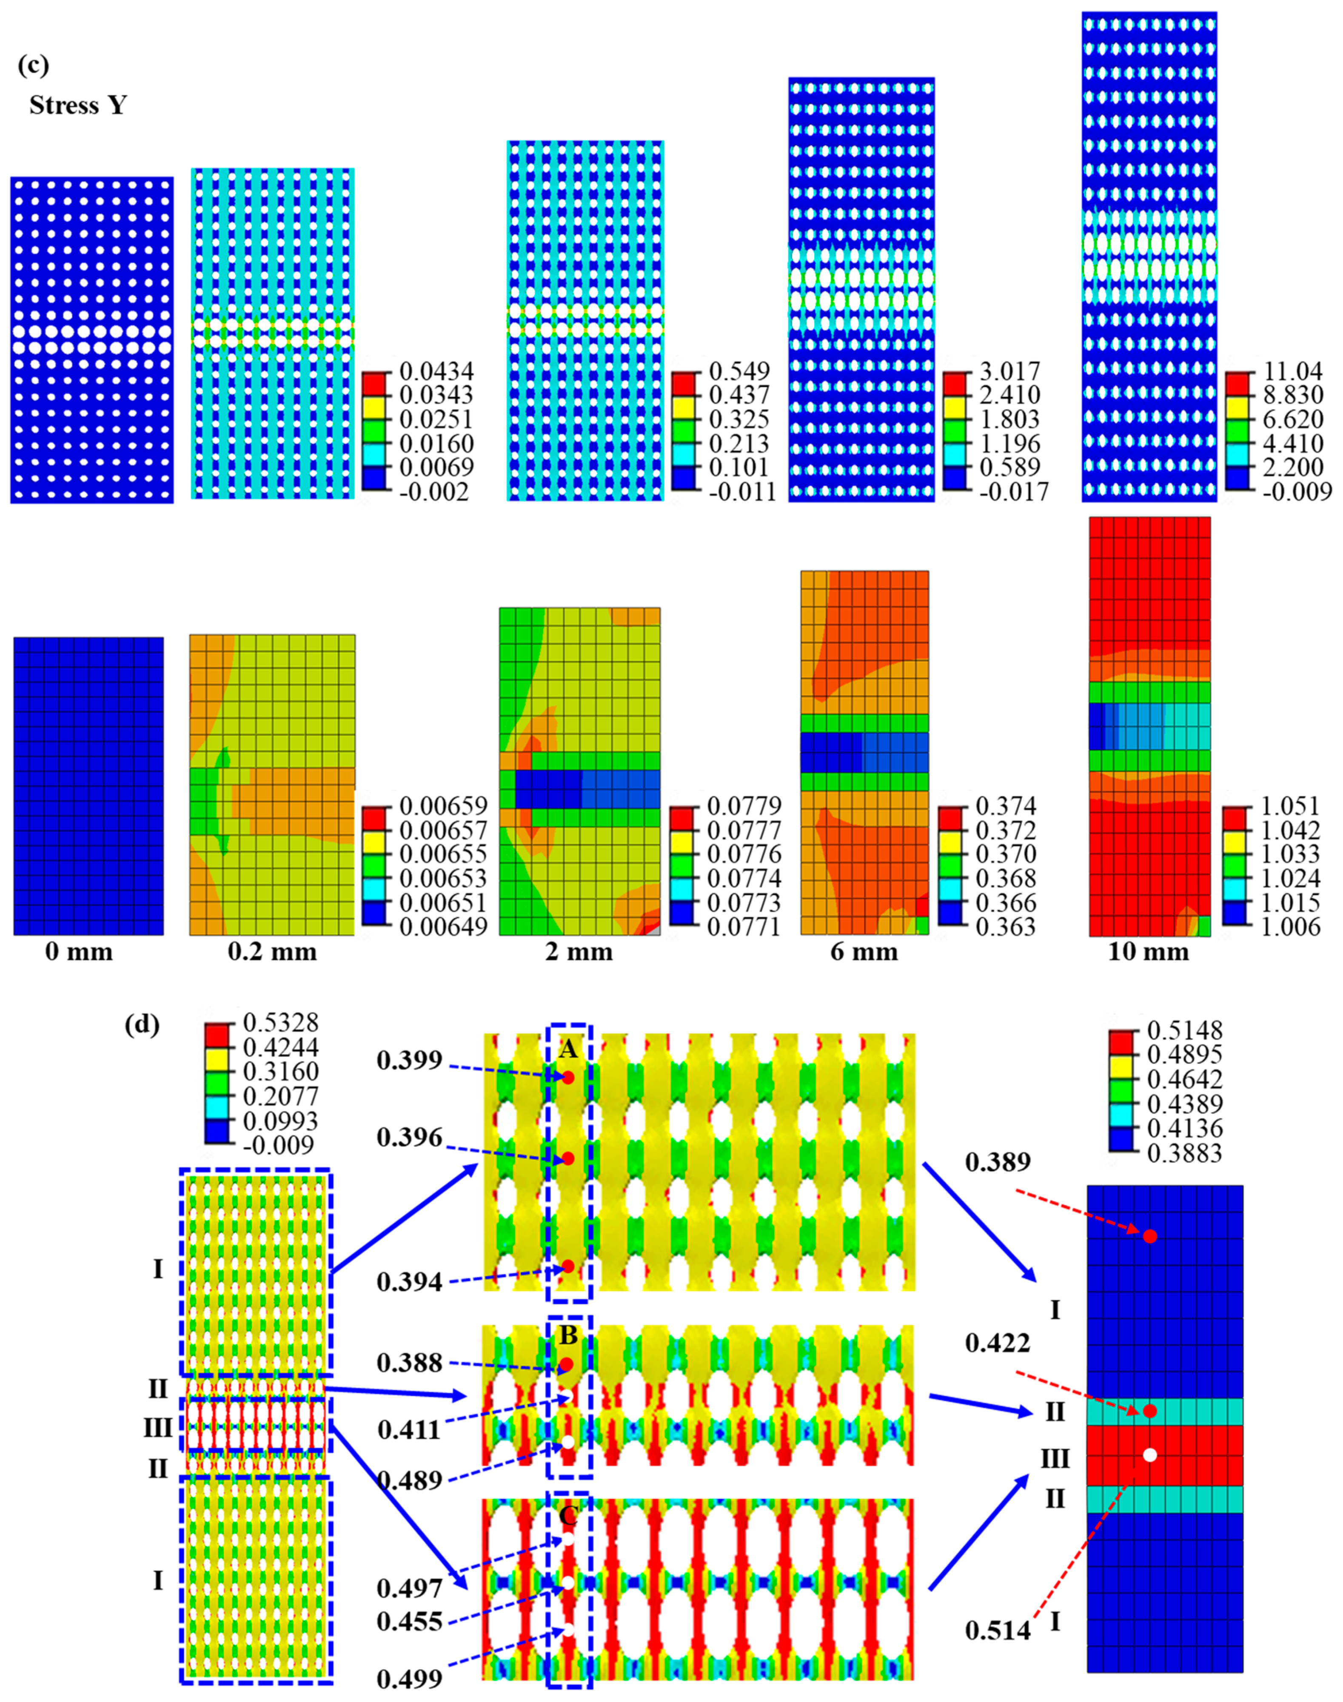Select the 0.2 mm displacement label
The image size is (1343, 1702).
(x=272, y=953)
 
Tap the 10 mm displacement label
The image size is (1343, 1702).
(x=1148, y=953)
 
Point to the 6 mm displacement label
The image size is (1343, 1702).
(x=864, y=953)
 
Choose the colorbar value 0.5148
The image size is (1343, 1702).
(x=1185, y=1030)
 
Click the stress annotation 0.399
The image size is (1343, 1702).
(x=409, y=1061)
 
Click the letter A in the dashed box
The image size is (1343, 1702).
(x=568, y=1049)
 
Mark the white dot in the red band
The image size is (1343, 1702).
(x=1149, y=1455)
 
